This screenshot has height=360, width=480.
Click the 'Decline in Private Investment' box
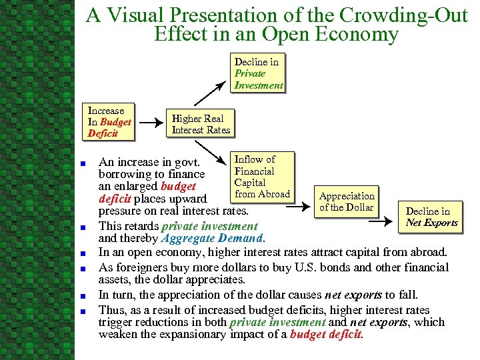pyautogui.click(x=259, y=73)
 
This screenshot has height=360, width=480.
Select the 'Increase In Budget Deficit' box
pyautogui.click(x=109, y=122)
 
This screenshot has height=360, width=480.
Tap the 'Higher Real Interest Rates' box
pyautogui.click(x=201, y=124)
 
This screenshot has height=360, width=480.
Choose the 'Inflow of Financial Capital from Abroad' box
pyautogui.click(x=262, y=177)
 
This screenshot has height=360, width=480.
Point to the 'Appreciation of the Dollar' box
pyautogui.click(x=347, y=201)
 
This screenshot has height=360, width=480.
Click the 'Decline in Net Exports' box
pyautogui.click(x=431, y=217)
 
